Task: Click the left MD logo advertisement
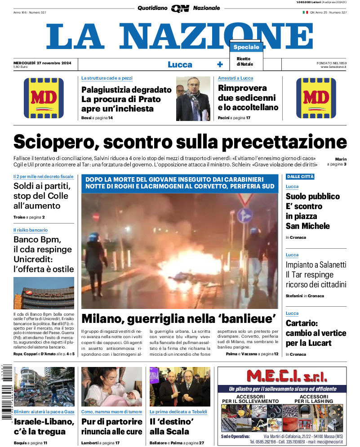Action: click(44, 98)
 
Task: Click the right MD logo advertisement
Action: click(316, 98)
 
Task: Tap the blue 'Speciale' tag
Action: click(246, 47)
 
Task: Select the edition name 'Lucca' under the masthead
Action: click(180, 64)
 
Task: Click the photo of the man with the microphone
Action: click(193, 98)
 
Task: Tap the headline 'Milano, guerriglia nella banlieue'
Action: click(178, 318)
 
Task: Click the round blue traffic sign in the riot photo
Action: click(244, 215)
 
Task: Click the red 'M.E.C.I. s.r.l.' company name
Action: click(282, 377)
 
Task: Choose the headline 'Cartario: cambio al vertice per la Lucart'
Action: click(316, 333)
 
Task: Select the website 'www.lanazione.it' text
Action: click(333, 67)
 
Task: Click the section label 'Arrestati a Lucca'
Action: click(236, 78)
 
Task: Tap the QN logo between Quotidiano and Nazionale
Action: click(180, 8)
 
